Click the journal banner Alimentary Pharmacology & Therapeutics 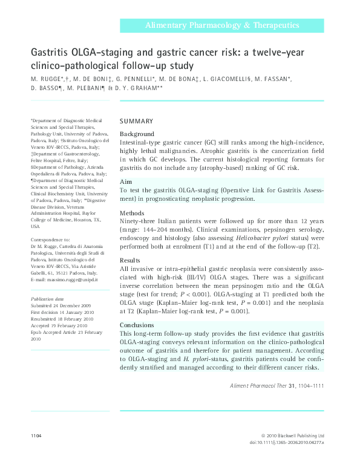[221, 25]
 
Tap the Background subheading [137, 134]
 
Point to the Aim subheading [126, 181]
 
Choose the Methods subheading [133, 214]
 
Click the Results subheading [131, 261]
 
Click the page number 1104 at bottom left [38, 435]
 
